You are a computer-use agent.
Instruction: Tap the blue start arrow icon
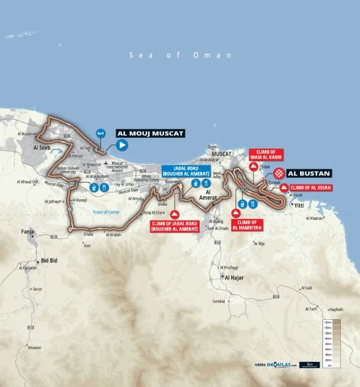point(122,144)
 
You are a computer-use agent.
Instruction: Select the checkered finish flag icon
point(279,173)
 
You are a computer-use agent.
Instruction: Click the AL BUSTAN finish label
point(309,173)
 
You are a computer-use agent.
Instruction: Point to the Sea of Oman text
point(180,55)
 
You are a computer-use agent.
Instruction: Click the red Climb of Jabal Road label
point(175,225)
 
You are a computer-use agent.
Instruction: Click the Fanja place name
point(27,232)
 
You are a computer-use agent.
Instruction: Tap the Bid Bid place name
point(49,260)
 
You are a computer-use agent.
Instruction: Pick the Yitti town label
point(300,205)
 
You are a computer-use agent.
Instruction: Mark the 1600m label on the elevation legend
point(327,322)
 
